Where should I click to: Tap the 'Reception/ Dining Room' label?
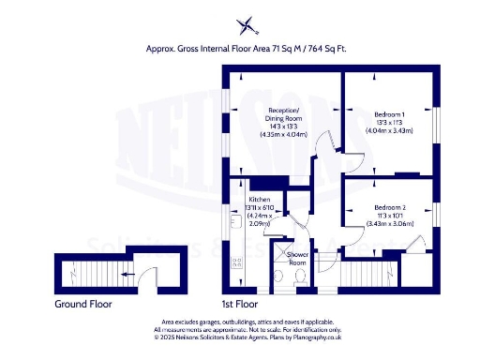[x=283, y=114]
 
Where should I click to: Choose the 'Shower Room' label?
[x=297, y=258]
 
